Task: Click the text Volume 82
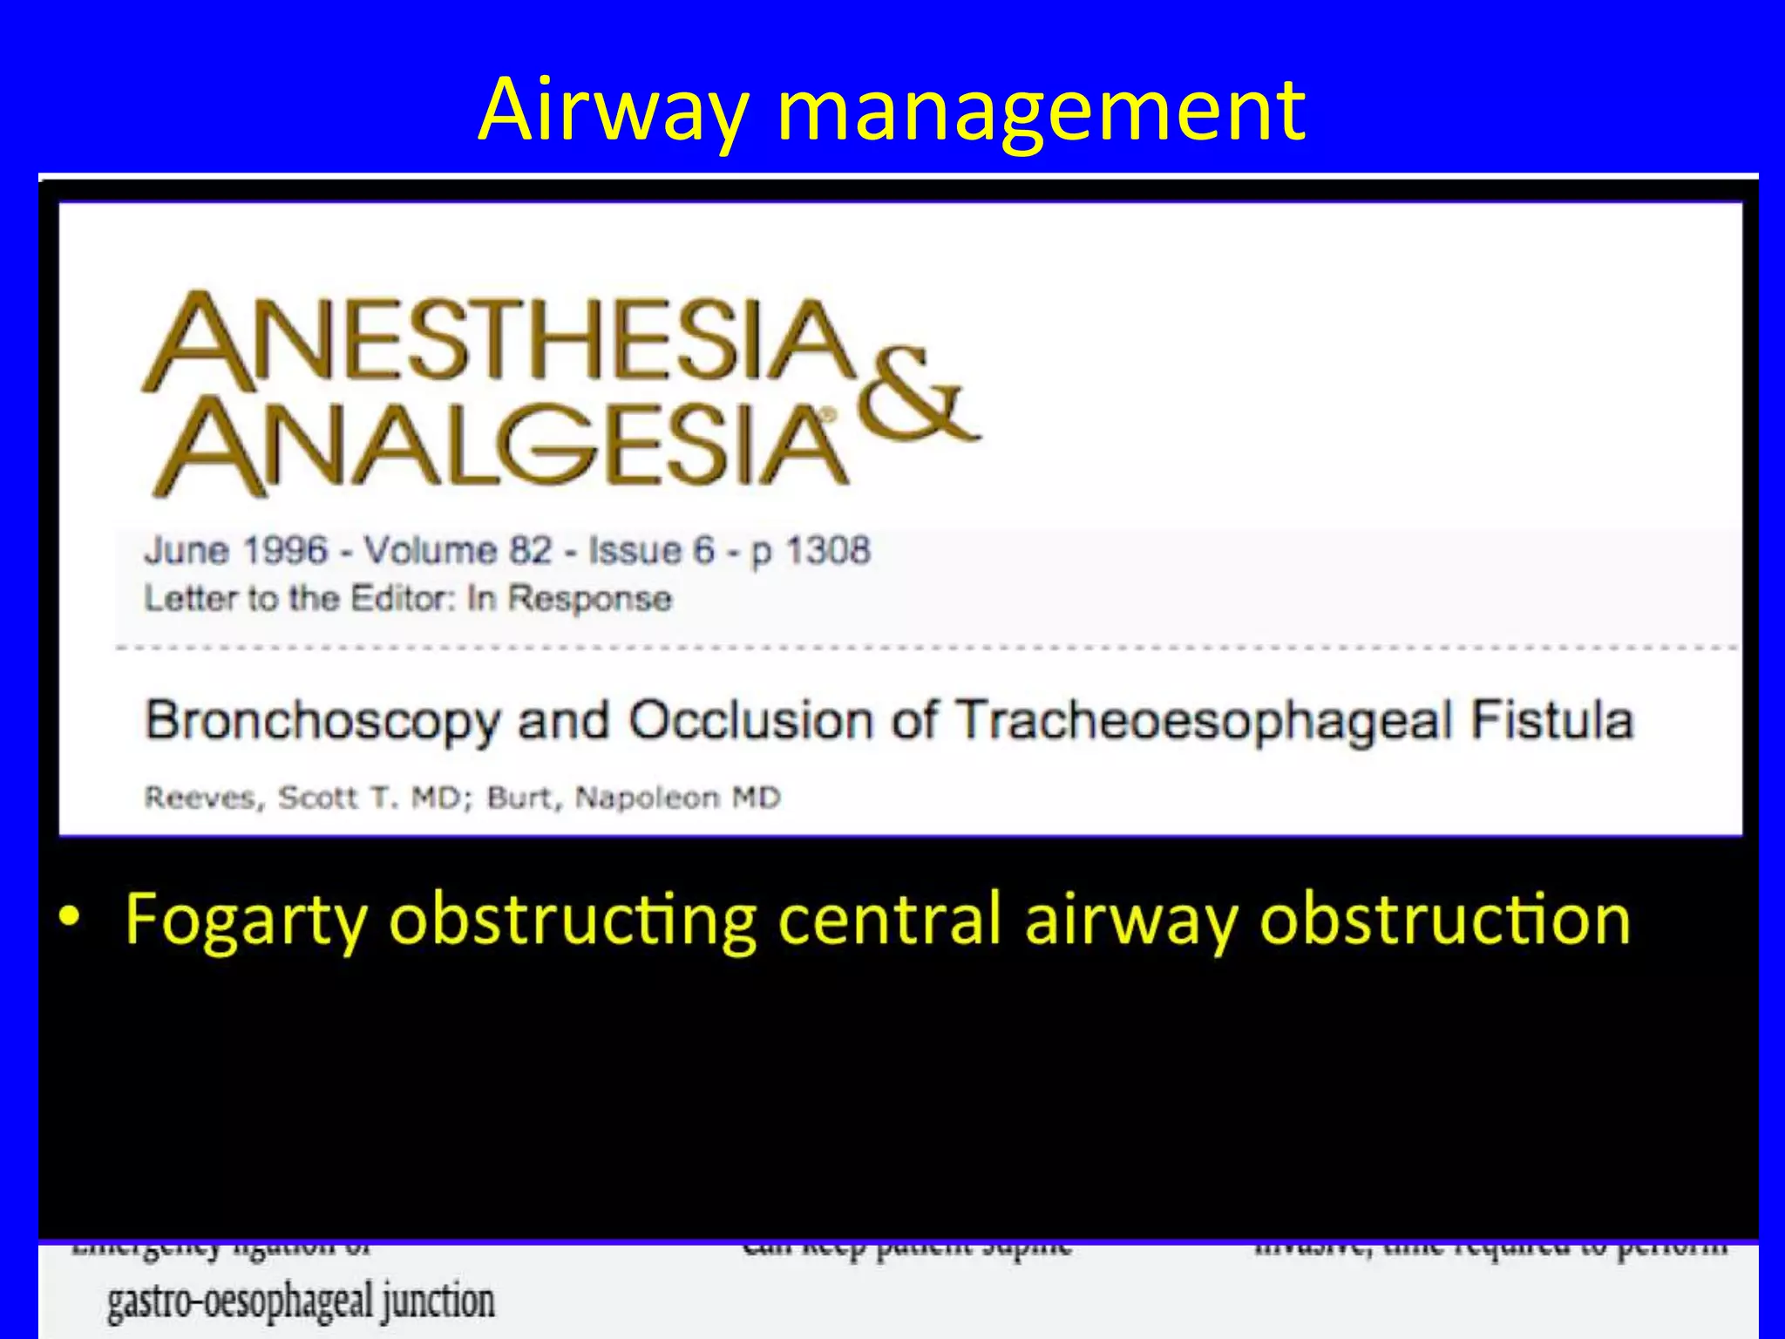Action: (458, 551)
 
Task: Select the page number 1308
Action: (827, 551)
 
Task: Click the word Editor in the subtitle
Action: (403, 599)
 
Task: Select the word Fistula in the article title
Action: (1551, 721)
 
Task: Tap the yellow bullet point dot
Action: (70, 917)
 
